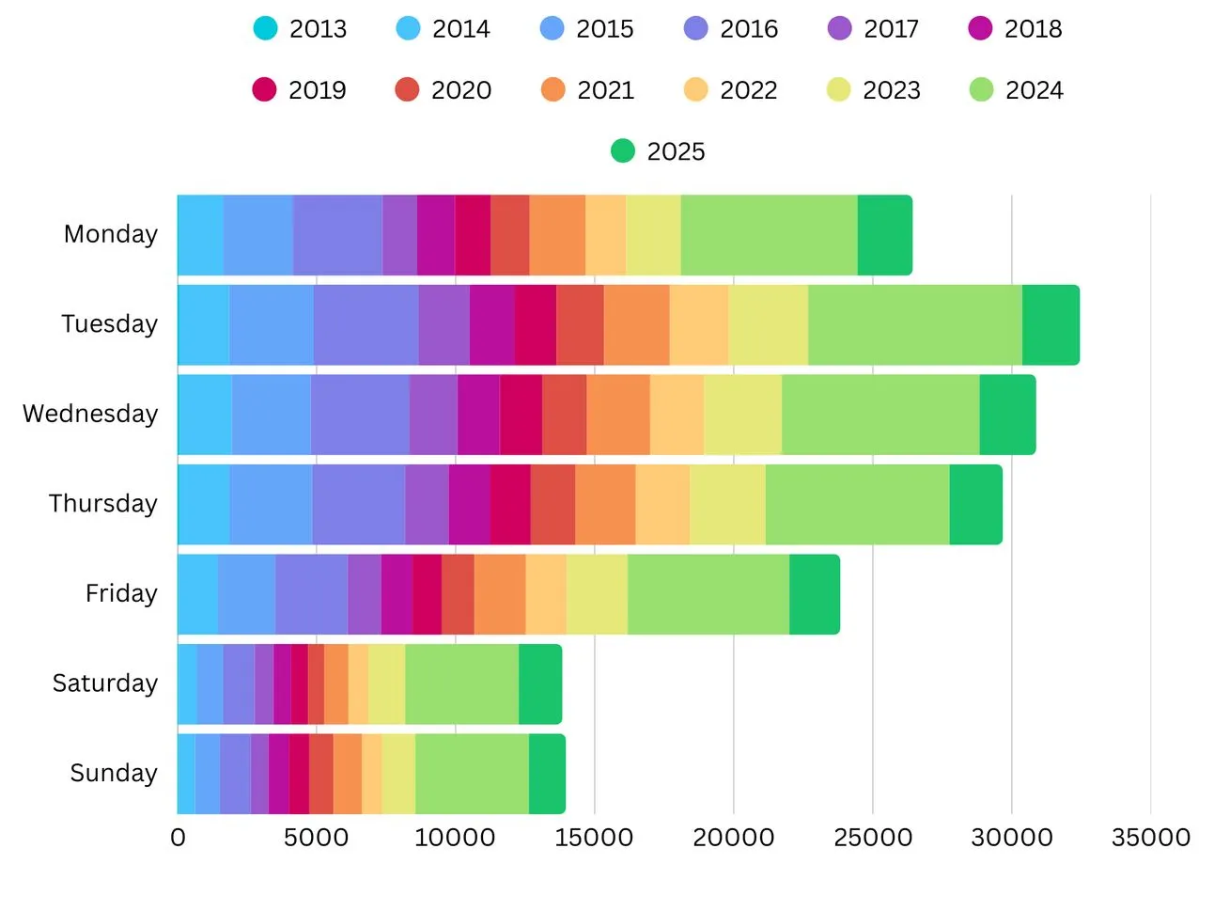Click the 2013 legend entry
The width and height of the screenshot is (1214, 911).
pos(301,29)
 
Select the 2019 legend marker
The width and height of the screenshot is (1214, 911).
pos(265,90)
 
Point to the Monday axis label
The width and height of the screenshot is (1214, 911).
pos(111,234)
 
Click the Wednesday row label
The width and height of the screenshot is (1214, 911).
pos(90,414)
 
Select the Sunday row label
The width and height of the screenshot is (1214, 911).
pos(114,773)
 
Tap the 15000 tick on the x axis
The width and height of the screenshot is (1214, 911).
pos(594,838)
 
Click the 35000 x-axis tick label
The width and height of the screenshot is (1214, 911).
pos(1150,838)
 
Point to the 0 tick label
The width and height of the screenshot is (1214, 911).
pos(178,838)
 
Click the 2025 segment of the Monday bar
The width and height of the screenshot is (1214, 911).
pos(884,235)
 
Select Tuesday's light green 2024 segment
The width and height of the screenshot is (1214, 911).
pos(914,325)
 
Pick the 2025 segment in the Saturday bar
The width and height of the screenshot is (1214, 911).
pos(540,684)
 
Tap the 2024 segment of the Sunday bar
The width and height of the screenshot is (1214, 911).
pos(472,774)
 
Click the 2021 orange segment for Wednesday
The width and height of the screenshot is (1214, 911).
pos(618,415)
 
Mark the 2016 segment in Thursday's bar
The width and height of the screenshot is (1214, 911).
pos(358,505)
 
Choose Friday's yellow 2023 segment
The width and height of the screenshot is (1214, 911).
pos(597,594)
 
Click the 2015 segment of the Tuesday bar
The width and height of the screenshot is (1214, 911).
pos(272,325)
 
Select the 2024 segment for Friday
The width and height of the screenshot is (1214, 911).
pos(708,594)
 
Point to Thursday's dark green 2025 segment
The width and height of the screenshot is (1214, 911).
pos(975,505)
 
